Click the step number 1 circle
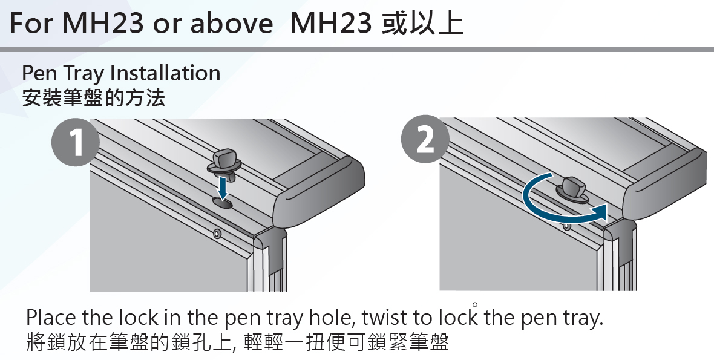tap(76, 142)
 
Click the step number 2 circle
tap(425, 139)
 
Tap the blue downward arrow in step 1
tap(223, 188)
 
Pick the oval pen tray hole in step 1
tap(222, 203)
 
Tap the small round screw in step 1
tap(217, 234)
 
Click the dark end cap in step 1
tap(319, 194)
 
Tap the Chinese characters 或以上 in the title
tap(422, 23)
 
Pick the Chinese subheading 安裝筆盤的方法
tap(93, 97)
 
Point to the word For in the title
tap(31, 23)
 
